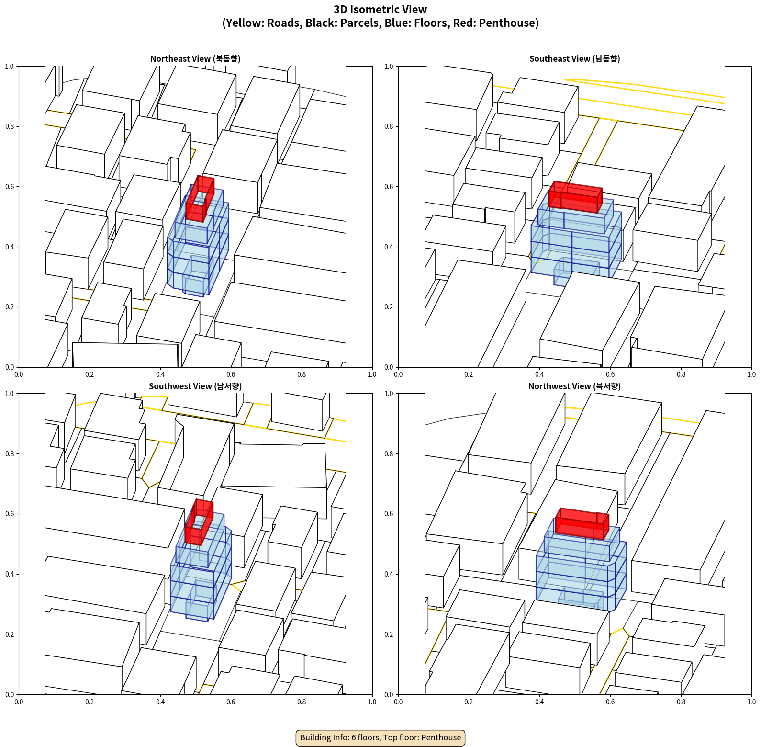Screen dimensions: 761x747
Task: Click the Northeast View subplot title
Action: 195,59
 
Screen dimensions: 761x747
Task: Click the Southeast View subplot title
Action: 574,59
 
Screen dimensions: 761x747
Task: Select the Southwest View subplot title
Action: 195,386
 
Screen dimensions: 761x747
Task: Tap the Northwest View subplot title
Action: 574,386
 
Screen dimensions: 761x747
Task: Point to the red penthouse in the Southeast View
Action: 575,196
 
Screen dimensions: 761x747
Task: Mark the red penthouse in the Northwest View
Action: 582,523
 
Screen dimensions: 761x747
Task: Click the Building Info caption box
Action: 380,737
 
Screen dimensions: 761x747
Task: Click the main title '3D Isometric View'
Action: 380,10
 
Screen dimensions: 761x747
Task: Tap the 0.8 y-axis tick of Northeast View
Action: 10,126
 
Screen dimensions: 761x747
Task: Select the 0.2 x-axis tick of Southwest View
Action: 90,702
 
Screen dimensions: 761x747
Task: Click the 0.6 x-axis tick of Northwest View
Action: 610,702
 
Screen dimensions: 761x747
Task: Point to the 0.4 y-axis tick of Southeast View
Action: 389,247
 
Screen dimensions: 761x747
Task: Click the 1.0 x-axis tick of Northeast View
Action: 372,374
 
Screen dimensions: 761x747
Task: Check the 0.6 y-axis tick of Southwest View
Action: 10,514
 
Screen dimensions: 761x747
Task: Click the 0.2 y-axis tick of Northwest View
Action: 389,634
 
